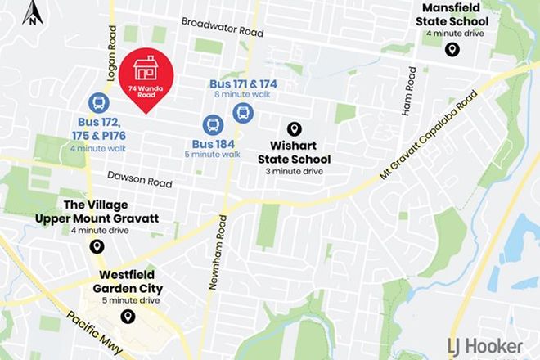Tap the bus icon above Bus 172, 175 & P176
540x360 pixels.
[x=98, y=104]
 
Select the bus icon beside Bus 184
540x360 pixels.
[x=212, y=125]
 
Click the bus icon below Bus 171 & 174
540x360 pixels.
[x=242, y=112]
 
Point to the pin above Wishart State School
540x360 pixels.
[x=294, y=129]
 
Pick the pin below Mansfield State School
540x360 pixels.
[x=451, y=51]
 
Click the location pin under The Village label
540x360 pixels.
[x=97, y=246]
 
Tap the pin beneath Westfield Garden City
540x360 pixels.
[x=127, y=317]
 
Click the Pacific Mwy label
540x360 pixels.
[x=95, y=333]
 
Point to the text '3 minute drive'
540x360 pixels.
[x=295, y=172]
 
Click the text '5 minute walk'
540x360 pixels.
[x=212, y=154]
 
